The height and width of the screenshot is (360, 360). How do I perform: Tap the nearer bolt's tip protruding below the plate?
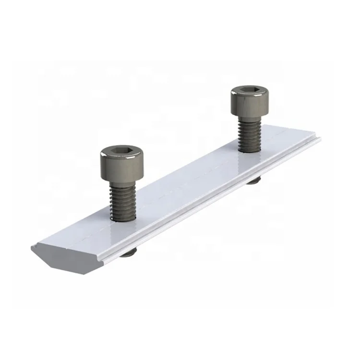(128, 253)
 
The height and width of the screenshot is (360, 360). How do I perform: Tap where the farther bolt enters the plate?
(250, 150)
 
